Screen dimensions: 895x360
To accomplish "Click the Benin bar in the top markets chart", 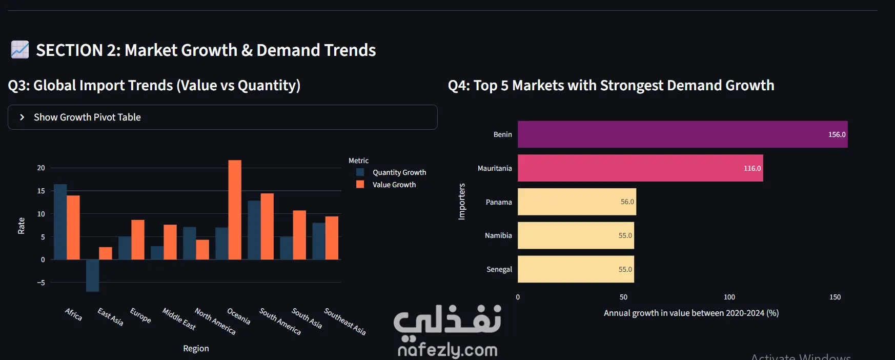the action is pyautogui.click(x=682, y=134).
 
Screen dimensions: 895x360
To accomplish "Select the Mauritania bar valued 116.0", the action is pyautogui.click(x=640, y=168).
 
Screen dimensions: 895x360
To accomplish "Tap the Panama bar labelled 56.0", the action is pyautogui.click(x=577, y=202).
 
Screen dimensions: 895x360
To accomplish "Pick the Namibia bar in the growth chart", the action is pyautogui.click(x=576, y=235).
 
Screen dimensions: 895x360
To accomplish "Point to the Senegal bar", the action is pyautogui.click(x=576, y=269).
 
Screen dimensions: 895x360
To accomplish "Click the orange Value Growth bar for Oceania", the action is pyautogui.click(x=235, y=210).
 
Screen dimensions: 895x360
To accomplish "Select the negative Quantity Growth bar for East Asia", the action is pyautogui.click(x=92, y=275).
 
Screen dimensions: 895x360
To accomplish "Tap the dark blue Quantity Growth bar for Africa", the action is pyautogui.click(x=60, y=222).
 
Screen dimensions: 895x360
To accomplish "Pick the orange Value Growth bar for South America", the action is pyautogui.click(x=267, y=226).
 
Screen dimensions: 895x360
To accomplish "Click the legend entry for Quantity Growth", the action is pyautogui.click(x=392, y=172).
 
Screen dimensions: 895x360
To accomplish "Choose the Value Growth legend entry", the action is pyautogui.click(x=386, y=185).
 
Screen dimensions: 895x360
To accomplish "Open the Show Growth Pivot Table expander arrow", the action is pyautogui.click(x=22, y=117).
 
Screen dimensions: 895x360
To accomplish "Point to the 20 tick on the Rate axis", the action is pyautogui.click(x=41, y=168).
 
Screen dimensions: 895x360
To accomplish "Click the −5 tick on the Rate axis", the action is pyautogui.click(x=41, y=283).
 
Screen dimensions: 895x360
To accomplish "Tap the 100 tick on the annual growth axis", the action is pyautogui.click(x=729, y=297).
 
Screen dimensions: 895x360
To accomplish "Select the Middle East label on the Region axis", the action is pyautogui.click(x=179, y=318).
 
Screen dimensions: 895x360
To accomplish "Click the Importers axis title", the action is pyautogui.click(x=462, y=202).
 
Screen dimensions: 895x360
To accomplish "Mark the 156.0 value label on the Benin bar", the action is pyautogui.click(x=837, y=134).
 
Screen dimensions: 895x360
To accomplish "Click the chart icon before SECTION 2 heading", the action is pyautogui.click(x=20, y=50).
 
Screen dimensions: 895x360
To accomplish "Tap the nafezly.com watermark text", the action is pyautogui.click(x=447, y=350).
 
